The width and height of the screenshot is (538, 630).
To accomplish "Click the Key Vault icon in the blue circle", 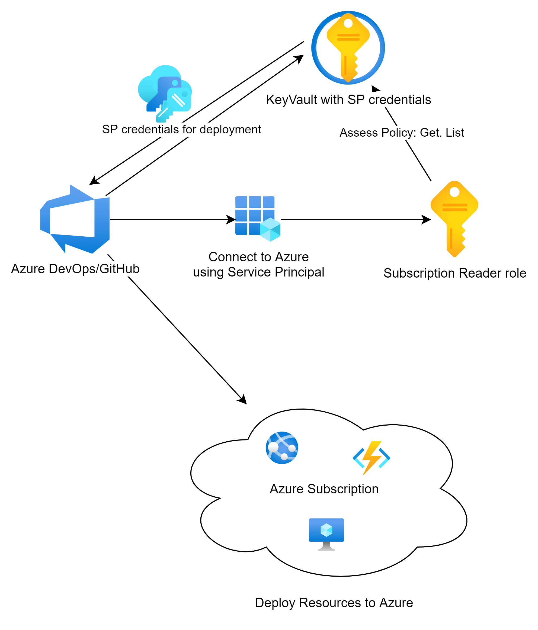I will (x=348, y=48).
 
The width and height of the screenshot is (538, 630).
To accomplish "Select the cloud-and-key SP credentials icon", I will (x=165, y=93).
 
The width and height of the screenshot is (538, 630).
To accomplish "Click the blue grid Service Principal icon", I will (x=258, y=218).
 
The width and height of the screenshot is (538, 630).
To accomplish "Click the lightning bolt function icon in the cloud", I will (x=371, y=458).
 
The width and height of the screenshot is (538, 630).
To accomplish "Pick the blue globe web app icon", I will (x=282, y=448).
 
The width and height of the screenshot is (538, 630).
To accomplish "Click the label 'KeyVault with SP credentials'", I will (x=348, y=100).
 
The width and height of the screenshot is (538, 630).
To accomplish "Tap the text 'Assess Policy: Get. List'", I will (x=402, y=133).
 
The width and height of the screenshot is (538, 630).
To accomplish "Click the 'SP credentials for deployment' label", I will (x=182, y=130).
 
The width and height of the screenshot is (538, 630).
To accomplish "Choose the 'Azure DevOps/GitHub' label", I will (x=75, y=269).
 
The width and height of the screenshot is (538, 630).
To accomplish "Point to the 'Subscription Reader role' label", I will (x=455, y=273).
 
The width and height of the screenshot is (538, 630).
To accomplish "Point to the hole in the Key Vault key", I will (x=348, y=23).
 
